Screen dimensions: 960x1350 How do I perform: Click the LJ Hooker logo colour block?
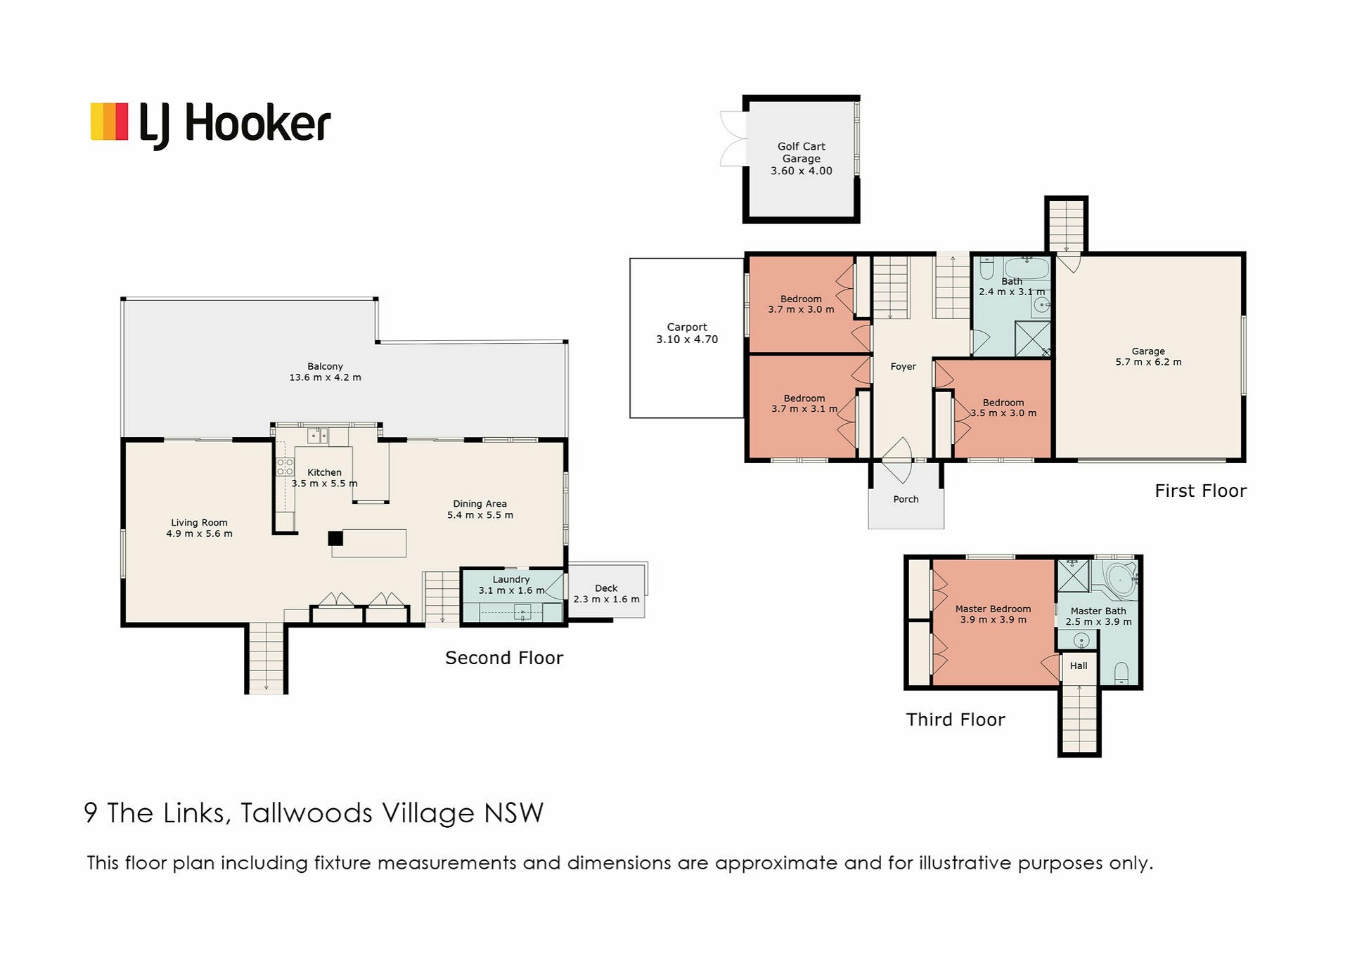[x=109, y=122]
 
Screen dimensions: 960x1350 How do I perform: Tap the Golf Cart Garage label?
[x=801, y=153]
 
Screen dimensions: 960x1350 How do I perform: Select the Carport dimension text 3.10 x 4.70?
[x=687, y=339]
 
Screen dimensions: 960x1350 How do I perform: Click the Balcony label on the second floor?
[x=325, y=366]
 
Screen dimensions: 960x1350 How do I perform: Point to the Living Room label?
[x=199, y=523]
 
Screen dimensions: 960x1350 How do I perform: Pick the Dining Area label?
[x=480, y=504]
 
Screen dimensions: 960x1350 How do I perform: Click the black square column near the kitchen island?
[x=335, y=538]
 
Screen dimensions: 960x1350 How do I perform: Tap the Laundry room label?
[x=511, y=579]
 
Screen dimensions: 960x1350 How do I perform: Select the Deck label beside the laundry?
[x=606, y=588]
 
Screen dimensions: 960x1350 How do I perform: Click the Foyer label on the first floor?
[x=903, y=367]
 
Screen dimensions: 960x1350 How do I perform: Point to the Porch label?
[x=906, y=500]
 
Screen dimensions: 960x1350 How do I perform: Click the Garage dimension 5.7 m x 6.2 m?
[x=1148, y=363]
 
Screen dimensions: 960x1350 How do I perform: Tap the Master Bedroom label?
[x=993, y=609]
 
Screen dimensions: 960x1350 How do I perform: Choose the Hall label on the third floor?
[x=1079, y=666]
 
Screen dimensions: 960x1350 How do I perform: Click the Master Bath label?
[x=1098, y=611]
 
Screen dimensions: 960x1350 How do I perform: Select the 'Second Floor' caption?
[x=504, y=658]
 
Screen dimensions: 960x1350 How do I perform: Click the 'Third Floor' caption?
[x=956, y=720]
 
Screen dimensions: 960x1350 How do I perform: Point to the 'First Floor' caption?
[x=1200, y=491]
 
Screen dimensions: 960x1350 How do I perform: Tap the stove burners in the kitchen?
[x=285, y=467]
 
